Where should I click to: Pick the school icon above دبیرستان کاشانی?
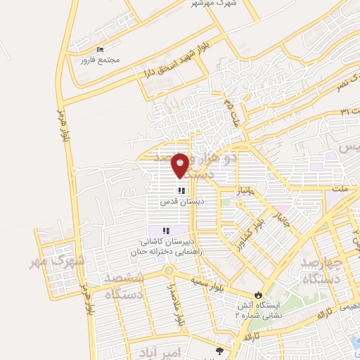[166, 231]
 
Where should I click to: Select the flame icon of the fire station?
[258, 295]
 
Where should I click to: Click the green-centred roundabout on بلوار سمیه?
[168, 271]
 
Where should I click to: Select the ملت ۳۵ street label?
[231, 111]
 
